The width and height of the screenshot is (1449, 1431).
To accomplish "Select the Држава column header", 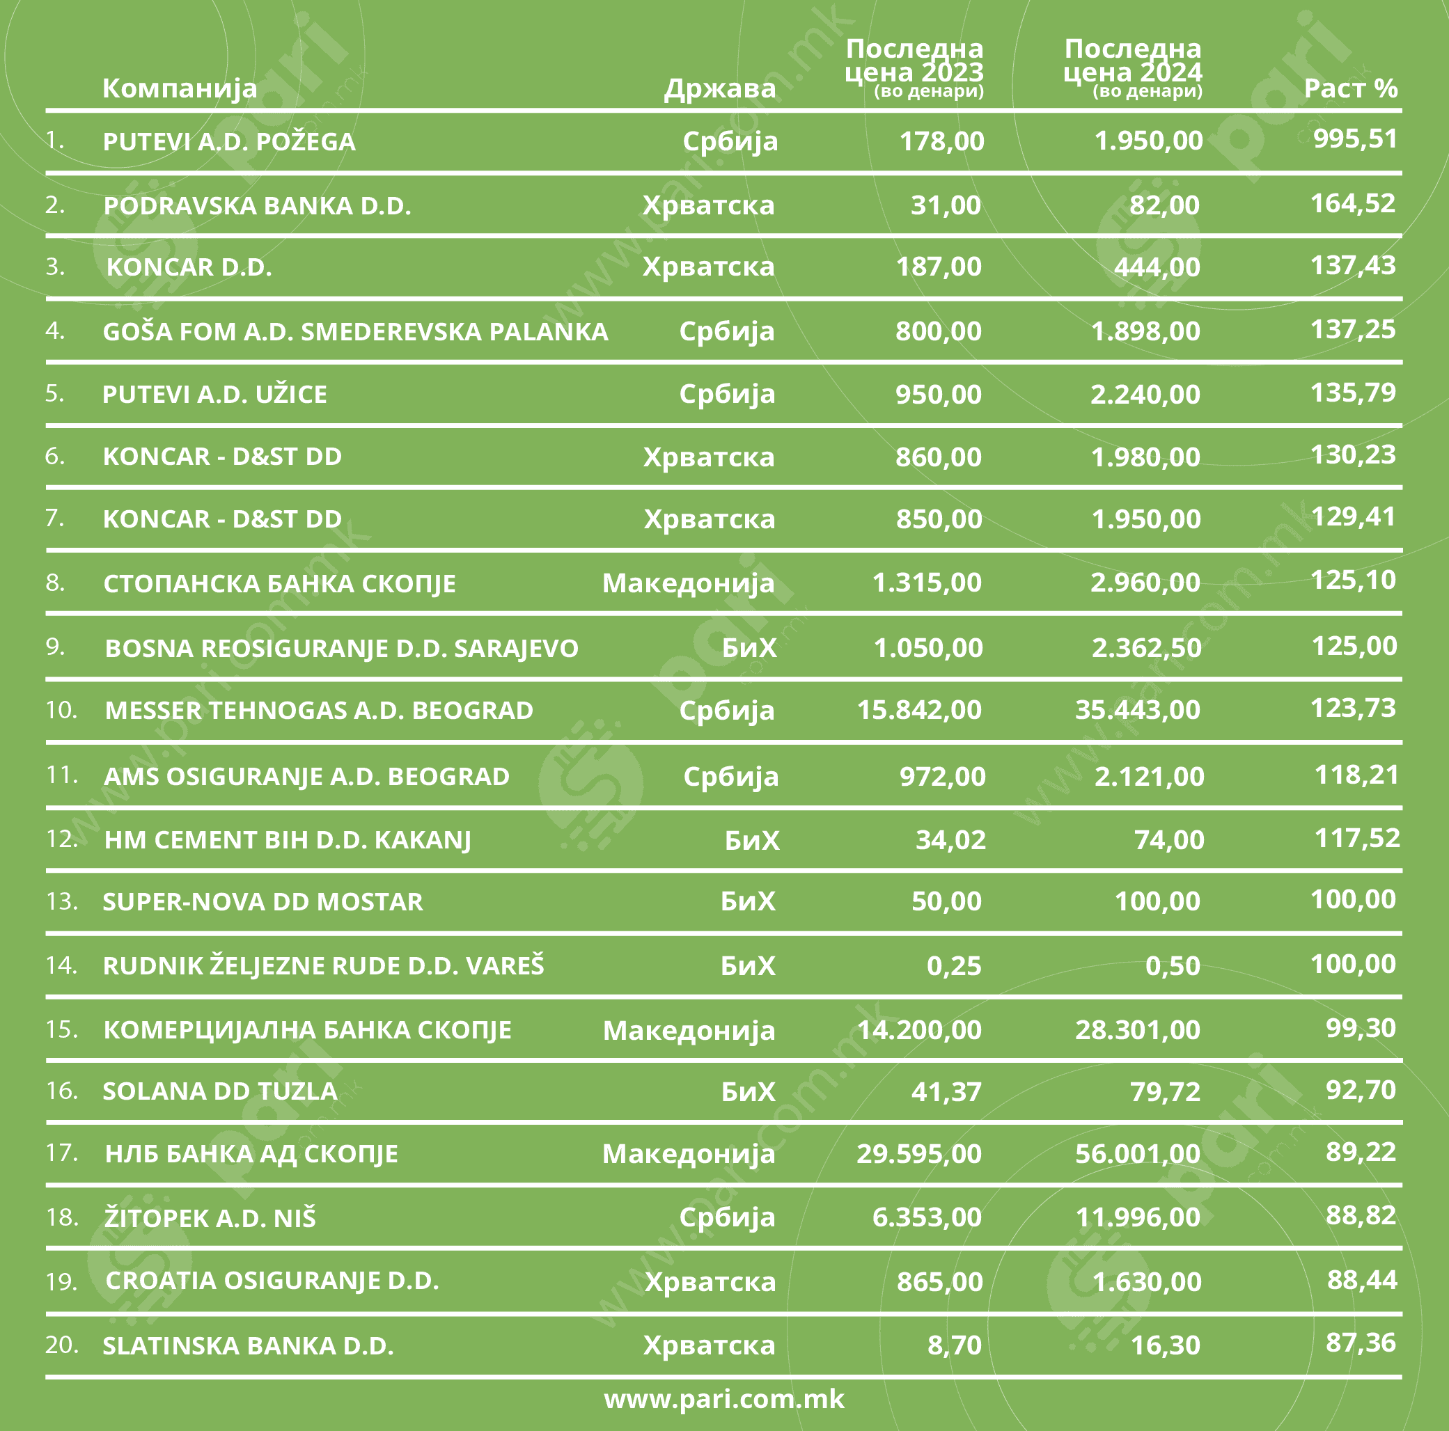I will tap(719, 88).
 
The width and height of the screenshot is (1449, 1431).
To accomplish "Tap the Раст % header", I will tap(1350, 88).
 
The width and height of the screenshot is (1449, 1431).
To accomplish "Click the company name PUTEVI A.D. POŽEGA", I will tap(229, 142).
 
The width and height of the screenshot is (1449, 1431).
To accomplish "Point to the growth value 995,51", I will tap(1355, 139).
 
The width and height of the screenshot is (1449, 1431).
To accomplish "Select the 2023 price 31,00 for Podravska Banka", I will tap(945, 205).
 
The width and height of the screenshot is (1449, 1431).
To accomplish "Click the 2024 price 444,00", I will tap(1157, 267).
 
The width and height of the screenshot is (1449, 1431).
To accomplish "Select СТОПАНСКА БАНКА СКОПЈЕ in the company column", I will tap(279, 583).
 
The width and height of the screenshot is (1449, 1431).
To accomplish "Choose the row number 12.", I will tap(61, 838).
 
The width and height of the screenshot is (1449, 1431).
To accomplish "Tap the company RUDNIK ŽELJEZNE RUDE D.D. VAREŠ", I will tap(323, 965).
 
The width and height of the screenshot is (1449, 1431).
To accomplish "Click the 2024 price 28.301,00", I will tap(1137, 1030).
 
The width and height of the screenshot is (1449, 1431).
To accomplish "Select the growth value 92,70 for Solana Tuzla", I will tap(1361, 1089).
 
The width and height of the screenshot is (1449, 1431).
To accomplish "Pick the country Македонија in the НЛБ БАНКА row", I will tap(688, 1154).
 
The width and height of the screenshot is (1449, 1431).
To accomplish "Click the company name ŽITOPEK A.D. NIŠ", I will tap(210, 1218).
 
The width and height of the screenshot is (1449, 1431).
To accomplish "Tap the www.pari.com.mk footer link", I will tap(723, 1399).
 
